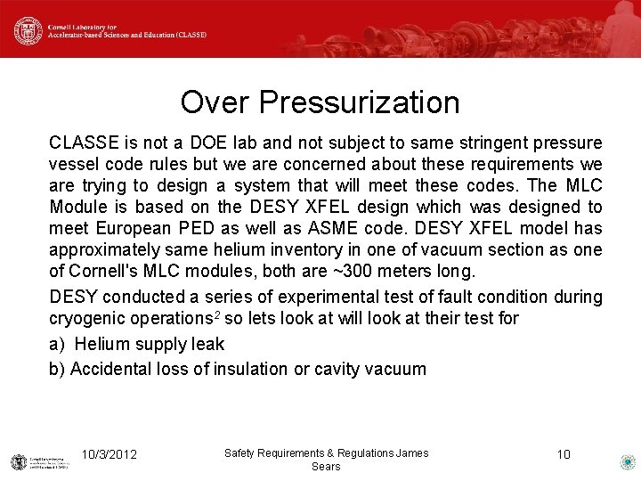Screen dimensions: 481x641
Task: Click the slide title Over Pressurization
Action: pos(320,102)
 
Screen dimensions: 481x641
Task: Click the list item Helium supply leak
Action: pos(149,344)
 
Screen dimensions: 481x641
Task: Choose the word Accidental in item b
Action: pos(112,369)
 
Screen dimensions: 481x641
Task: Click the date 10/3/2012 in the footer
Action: pos(109,454)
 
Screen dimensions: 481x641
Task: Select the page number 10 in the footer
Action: pos(563,454)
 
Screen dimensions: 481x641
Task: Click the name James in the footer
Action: pos(412,453)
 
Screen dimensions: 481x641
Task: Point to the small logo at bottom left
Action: pos(20,461)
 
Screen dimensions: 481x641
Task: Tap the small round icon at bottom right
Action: pos(627,461)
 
